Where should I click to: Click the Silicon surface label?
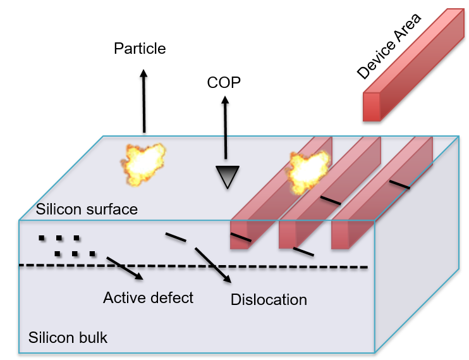(87, 209)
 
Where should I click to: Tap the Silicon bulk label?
(68, 337)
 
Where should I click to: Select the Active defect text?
(148, 297)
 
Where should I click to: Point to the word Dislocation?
(269, 300)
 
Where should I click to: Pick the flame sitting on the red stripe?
(308, 171)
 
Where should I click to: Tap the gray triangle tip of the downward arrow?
(226, 177)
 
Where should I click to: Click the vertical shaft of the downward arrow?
(224, 149)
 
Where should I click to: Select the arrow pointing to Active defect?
(125, 268)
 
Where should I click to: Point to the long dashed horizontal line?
(190, 266)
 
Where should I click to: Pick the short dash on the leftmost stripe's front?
(240, 238)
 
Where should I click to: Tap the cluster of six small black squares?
(67, 247)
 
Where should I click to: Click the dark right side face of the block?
(417, 253)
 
